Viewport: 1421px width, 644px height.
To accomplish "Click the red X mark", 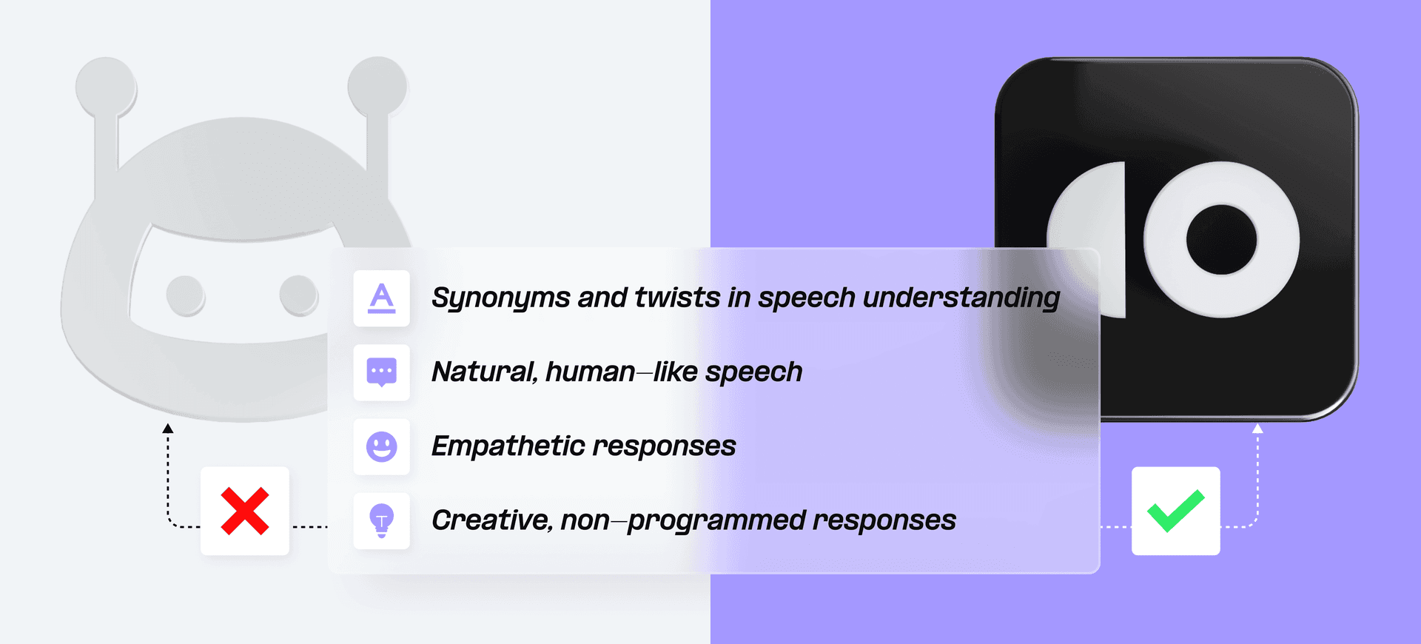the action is [245, 511].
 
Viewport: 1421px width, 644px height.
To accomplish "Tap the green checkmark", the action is [1176, 511].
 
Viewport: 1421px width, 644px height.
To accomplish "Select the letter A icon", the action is [382, 298].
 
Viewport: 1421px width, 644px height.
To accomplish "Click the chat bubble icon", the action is [382, 372].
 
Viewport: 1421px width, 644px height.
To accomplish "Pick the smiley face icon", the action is [382, 446].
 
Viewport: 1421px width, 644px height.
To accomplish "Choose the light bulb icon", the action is [382, 520].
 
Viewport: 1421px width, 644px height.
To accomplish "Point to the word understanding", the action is [961, 298].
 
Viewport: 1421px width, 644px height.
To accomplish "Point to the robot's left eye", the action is [185, 295].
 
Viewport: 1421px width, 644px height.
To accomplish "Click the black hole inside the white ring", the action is [1221, 240].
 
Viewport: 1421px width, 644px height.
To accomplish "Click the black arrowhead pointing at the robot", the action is [168, 429].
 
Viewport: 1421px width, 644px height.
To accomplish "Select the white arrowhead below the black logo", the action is [1257, 429].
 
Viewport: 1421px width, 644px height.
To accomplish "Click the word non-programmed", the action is [683, 520].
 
